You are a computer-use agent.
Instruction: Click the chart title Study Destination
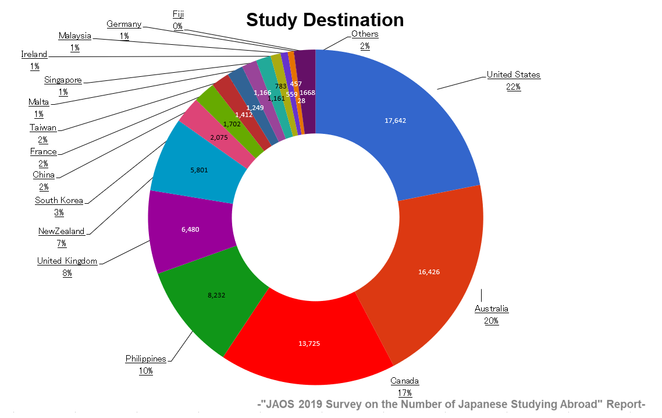(x=325, y=20)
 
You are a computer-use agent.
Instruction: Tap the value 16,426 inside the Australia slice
(x=429, y=272)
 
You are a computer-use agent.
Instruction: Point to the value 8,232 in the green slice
(x=216, y=295)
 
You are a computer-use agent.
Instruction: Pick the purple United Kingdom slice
(x=191, y=231)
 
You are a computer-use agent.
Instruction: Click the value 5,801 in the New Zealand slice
(x=199, y=170)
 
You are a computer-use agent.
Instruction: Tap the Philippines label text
(x=145, y=359)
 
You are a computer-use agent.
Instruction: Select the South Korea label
(x=59, y=200)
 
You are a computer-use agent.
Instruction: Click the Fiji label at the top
(x=178, y=14)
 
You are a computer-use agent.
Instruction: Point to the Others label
(x=365, y=34)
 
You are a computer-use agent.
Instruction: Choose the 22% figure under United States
(x=514, y=87)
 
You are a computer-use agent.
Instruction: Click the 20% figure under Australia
(x=492, y=321)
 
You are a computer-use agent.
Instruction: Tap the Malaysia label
(x=74, y=36)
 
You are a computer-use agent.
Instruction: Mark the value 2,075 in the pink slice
(x=219, y=137)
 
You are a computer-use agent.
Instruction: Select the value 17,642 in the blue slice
(x=395, y=121)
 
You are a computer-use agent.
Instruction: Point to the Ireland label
(x=34, y=54)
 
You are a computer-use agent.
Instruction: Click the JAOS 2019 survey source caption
(x=451, y=404)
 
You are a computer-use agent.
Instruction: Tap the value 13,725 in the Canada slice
(x=309, y=343)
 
